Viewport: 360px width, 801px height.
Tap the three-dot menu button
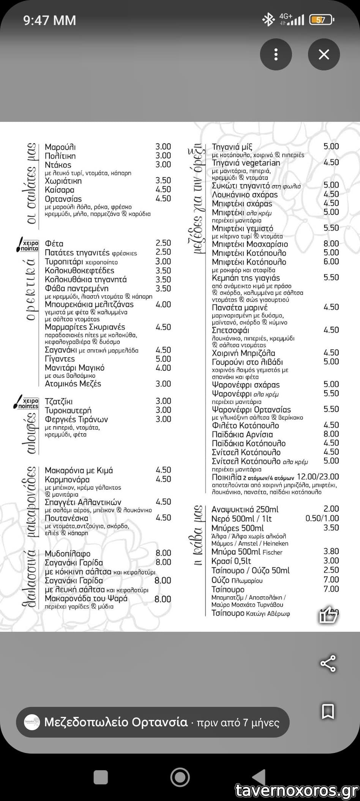coord(276,54)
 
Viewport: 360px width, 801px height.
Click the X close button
coord(324,54)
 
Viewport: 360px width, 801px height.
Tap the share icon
coord(328,663)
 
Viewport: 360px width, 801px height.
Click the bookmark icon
coord(328,711)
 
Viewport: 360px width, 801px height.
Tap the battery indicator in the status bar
coord(321,20)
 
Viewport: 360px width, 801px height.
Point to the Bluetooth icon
coord(268,20)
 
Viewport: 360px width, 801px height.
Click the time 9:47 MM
coord(50,20)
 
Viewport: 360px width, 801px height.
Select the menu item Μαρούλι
coord(60,147)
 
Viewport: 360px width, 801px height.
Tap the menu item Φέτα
coord(54,244)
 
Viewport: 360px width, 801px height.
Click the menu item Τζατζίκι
coord(58,402)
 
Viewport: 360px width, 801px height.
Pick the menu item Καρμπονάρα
coord(67,480)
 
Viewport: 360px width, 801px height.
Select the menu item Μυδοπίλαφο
coord(68,554)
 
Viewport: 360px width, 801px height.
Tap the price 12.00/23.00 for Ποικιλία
coord(318,476)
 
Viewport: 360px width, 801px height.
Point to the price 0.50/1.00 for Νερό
coord(322,518)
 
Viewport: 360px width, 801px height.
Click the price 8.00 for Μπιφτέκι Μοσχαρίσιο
coord(331,244)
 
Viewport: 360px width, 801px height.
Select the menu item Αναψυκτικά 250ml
coord(245,509)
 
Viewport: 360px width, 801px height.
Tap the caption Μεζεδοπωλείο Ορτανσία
coord(116,722)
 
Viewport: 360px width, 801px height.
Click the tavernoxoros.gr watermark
coord(296,790)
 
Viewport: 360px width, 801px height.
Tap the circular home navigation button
coord(180,777)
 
